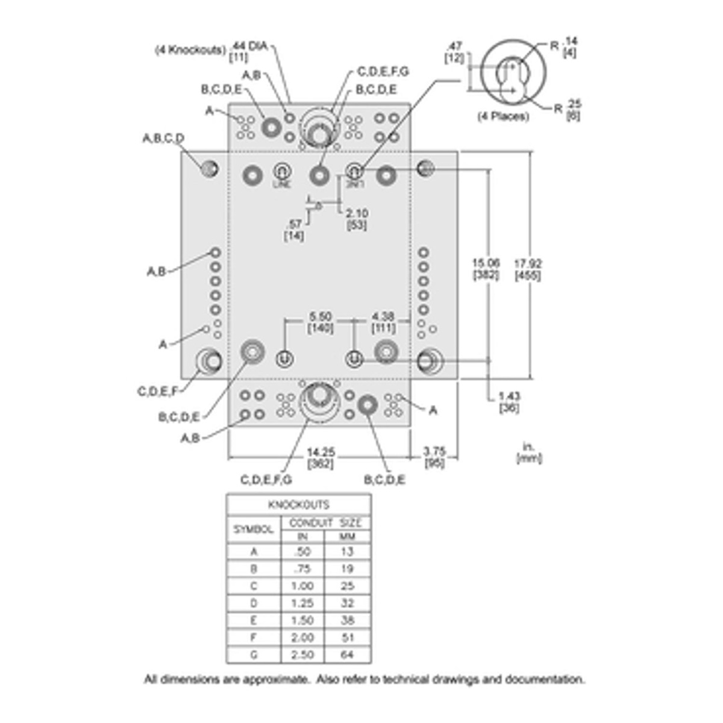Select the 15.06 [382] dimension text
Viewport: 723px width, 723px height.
click(x=486, y=269)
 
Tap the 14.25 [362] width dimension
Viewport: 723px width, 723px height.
click(x=321, y=458)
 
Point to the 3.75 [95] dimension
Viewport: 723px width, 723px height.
click(x=434, y=458)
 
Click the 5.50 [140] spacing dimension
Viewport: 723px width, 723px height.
click(x=321, y=322)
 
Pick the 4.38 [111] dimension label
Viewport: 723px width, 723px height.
click(x=383, y=322)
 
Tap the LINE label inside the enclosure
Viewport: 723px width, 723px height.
click(x=281, y=184)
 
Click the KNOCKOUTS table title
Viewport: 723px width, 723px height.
click(x=299, y=504)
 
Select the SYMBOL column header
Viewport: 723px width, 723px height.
click(x=254, y=530)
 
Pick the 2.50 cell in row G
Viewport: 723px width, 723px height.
click(x=302, y=654)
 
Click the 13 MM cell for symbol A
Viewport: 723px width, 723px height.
click(x=348, y=551)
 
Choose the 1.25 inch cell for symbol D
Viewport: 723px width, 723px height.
click(x=302, y=602)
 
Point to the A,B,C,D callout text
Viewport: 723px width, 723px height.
click(x=163, y=139)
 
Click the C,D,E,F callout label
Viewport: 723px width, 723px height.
click(x=158, y=392)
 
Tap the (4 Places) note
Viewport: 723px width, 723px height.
click(x=503, y=116)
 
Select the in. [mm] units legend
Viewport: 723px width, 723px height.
click(x=529, y=452)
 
